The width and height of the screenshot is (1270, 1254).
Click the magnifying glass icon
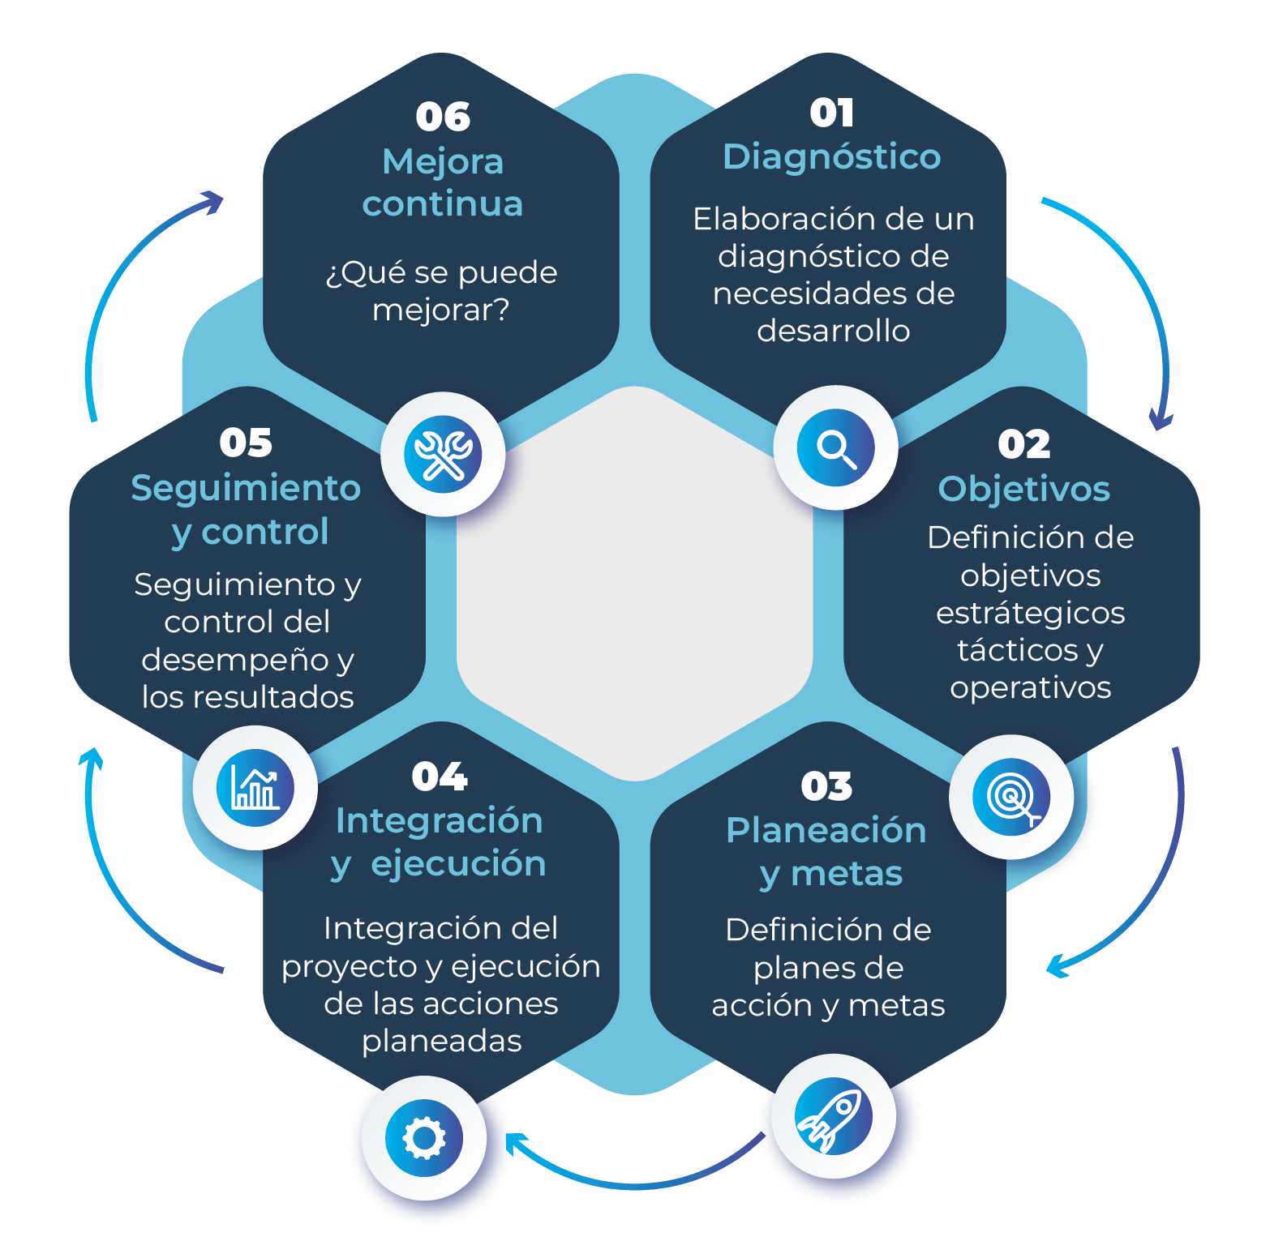click(x=835, y=447)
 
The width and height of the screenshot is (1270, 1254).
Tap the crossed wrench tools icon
click(x=443, y=454)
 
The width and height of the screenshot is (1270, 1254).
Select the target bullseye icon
click(x=1011, y=797)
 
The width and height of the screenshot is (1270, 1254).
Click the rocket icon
click(x=832, y=1117)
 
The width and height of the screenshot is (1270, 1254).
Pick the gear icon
click(x=424, y=1138)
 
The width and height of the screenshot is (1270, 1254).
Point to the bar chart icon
click(x=255, y=788)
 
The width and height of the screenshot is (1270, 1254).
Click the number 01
click(x=832, y=113)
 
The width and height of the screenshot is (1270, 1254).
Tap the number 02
click(x=1024, y=444)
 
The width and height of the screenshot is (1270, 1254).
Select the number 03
click(x=826, y=786)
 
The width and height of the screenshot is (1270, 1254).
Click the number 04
click(x=440, y=777)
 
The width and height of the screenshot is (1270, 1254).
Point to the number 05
click(x=246, y=443)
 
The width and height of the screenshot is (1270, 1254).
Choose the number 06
click(x=443, y=117)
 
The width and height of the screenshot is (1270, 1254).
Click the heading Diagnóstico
click(x=832, y=157)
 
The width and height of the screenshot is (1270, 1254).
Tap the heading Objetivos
click(x=1024, y=490)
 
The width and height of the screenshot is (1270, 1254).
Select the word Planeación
click(x=826, y=831)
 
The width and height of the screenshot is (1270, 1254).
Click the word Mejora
click(x=443, y=162)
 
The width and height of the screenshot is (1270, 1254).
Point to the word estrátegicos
click(x=1031, y=613)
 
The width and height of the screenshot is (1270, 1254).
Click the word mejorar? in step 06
click(x=441, y=310)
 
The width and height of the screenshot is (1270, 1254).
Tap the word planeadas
click(x=442, y=1041)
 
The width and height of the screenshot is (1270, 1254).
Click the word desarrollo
click(x=834, y=331)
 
